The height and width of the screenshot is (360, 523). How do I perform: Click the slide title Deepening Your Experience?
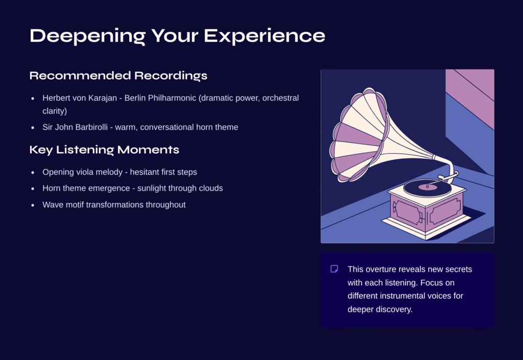point(177,36)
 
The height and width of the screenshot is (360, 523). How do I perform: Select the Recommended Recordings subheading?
point(118,76)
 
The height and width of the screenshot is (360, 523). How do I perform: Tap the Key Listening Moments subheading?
point(104,150)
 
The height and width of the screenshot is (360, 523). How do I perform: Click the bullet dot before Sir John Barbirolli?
point(33,127)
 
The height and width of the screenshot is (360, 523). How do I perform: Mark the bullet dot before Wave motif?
point(33,205)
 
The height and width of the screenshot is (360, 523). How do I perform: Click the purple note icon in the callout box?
point(334,269)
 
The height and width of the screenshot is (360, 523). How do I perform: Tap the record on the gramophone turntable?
point(427,188)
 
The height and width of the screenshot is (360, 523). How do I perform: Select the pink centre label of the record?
point(428,187)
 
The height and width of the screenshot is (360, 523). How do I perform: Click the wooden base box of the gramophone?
point(426,210)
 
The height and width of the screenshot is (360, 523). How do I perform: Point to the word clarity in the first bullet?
point(54,111)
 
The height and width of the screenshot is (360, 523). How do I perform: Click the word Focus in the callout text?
point(431,283)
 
